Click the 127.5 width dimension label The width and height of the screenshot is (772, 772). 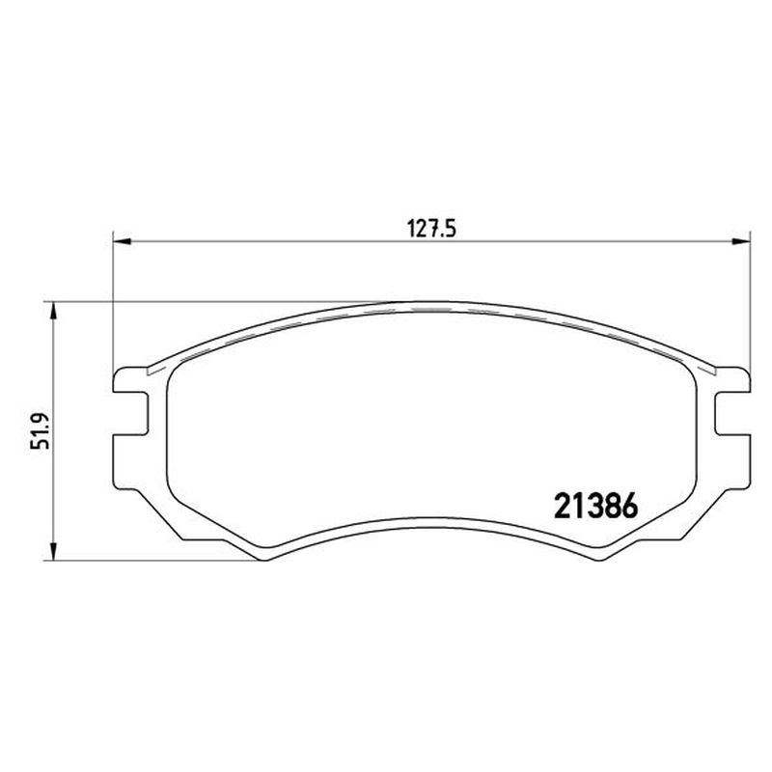pos(431,229)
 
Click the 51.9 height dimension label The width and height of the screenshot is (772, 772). pos(41,430)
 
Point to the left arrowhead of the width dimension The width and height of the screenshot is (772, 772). pos(123,241)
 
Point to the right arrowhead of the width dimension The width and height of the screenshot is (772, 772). pos(741,241)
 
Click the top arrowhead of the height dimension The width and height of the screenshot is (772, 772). pos(54,312)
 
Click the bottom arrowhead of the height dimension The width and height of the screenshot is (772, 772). pos(54,551)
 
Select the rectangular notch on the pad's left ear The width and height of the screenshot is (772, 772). pos(130,414)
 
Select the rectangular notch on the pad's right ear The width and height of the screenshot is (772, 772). pos(733,414)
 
